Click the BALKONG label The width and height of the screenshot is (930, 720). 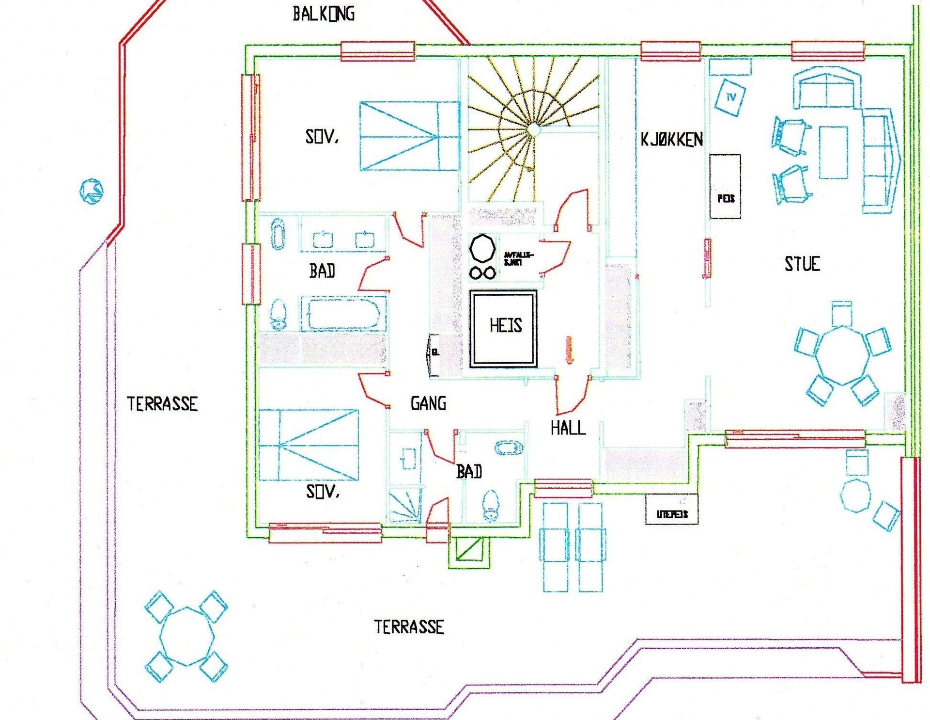point(324,14)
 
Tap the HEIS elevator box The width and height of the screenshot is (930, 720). point(504,328)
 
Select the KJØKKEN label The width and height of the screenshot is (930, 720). point(671,140)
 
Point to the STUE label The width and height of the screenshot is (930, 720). point(802,264)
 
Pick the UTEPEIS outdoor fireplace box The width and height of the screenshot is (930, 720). point(672,509)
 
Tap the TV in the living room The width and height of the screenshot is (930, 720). point(730,97)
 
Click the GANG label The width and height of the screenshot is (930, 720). point(428,403)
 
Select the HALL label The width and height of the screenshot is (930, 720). point(568,428)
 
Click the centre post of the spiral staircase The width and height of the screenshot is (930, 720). point(533,129)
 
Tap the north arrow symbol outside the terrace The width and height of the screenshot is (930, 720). point(91,191)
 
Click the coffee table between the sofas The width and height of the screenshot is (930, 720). point(833,153)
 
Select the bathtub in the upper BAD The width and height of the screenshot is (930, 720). point(343,314)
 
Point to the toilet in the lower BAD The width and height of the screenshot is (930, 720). point(491,504)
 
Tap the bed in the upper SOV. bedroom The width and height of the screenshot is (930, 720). point(409,136)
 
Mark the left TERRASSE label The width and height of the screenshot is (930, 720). point(162,404)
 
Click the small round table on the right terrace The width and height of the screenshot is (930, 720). point(856,495)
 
